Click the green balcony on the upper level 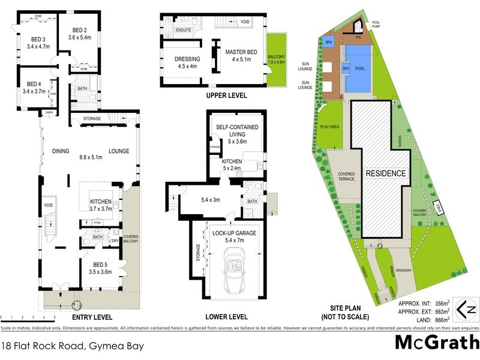(277, 58)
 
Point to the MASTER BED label (241, 52)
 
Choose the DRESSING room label (187, 59)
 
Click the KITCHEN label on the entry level (101, 202)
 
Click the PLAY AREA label (331, 127)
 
